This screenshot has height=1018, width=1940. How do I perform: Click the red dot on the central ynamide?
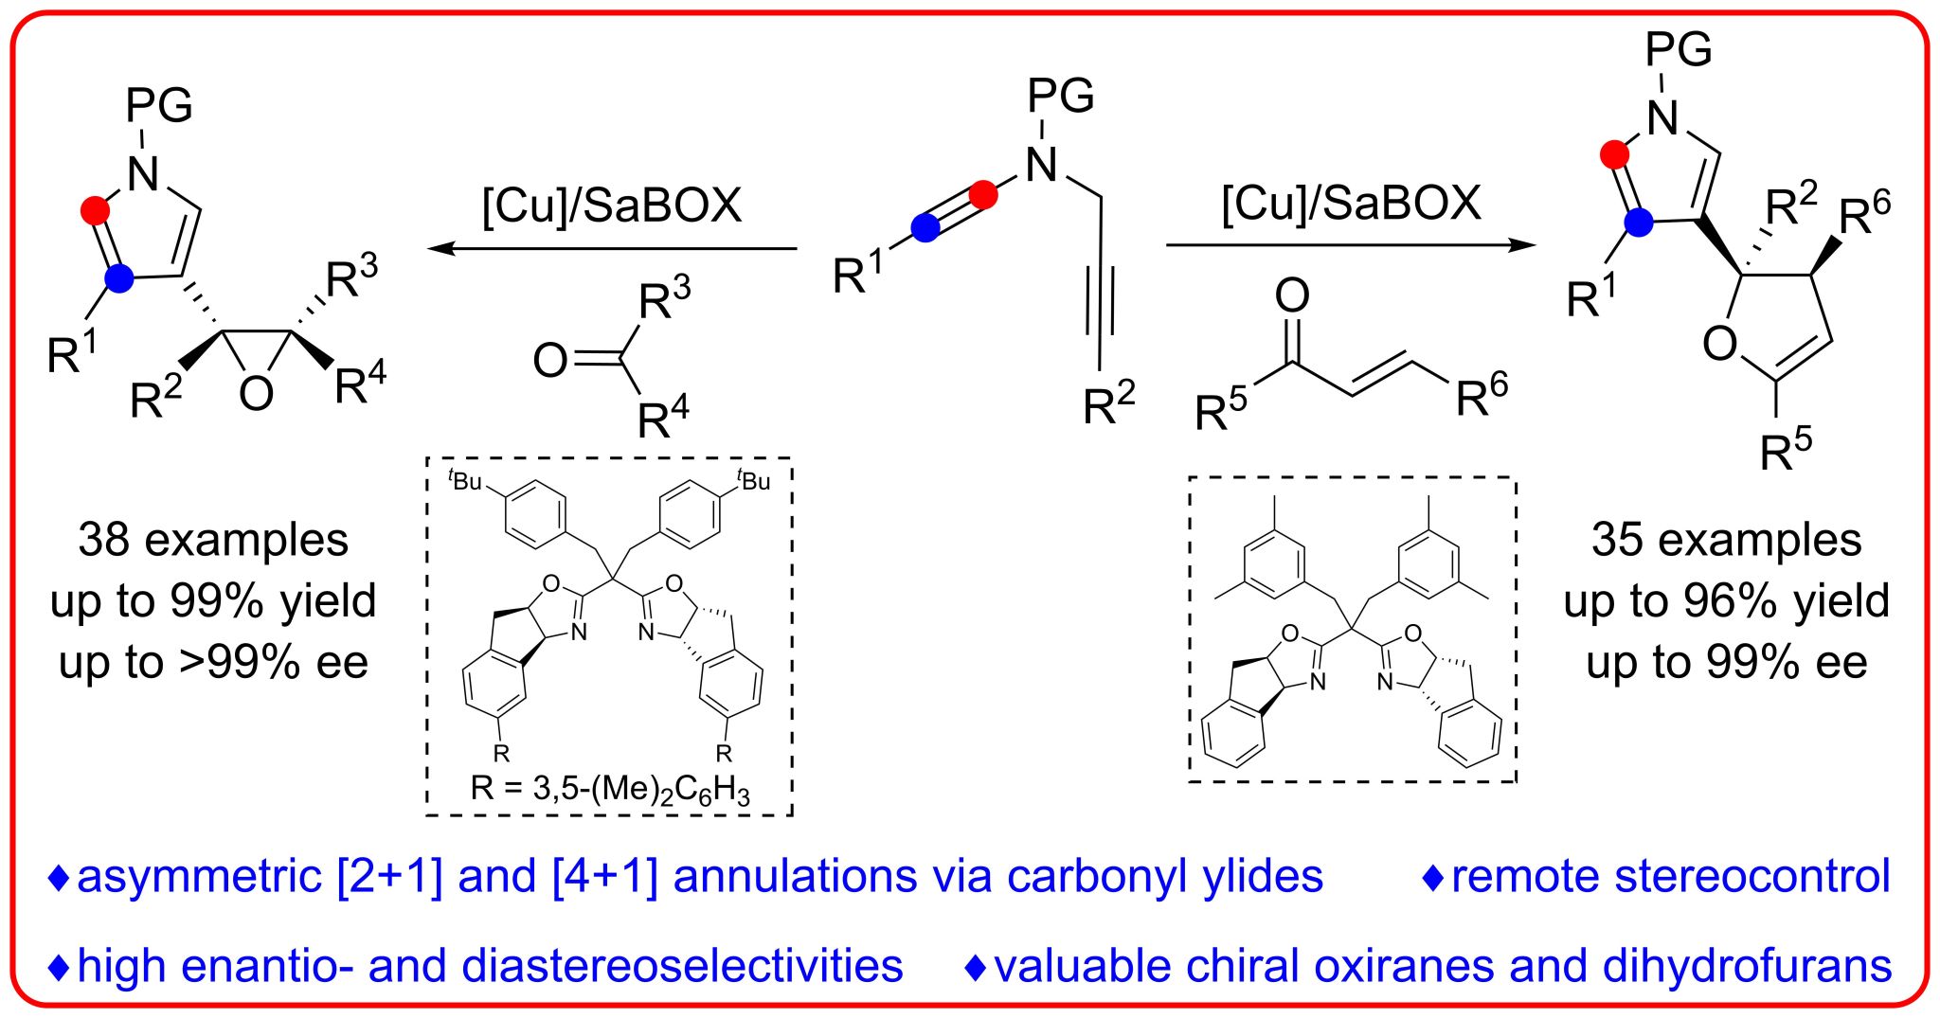[984, 195]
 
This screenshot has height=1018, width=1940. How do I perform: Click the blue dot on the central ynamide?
[925, 227]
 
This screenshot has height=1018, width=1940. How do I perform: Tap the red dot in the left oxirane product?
[96, 210]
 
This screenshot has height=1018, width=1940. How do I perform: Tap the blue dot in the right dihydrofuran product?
[1638, 223]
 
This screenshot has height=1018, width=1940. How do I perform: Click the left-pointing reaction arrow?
[612, 249]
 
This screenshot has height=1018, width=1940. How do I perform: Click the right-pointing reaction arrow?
[1350, 245]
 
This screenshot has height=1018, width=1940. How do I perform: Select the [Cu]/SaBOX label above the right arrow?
[1351, 203]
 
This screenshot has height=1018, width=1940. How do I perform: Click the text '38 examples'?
[213, 540]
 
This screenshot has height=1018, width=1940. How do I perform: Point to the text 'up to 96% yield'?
[1726, 600]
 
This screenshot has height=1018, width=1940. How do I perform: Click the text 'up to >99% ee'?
[213, 662]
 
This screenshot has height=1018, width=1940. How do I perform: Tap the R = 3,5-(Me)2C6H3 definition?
[610, 789]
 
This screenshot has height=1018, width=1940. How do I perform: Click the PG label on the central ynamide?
[1061, 96]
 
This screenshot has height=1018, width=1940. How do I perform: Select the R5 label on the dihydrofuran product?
[1786, 449]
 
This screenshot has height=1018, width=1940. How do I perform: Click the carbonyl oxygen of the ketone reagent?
[550, 360]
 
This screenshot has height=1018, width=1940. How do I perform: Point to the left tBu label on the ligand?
[465, 480]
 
